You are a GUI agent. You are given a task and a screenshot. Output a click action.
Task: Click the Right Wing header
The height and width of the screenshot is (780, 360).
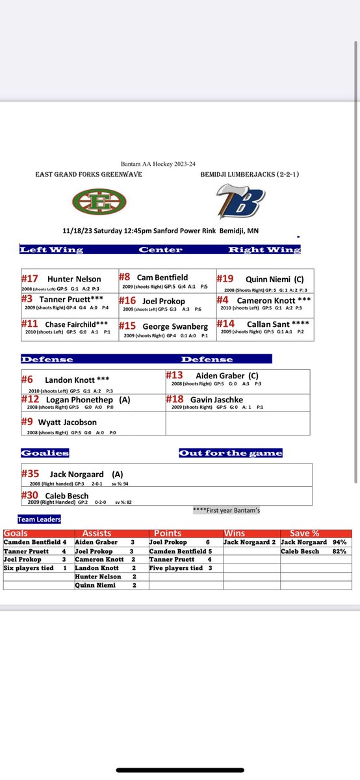click(x=263, y=250)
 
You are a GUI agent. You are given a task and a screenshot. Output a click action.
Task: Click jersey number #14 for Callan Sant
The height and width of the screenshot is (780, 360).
click(x=225, y=324)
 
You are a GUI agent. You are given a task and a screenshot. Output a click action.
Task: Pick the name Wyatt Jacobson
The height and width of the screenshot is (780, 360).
click(x=71, y=422)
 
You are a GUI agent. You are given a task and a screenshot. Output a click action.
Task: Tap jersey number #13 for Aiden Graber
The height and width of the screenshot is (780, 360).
click(x=174, y=375)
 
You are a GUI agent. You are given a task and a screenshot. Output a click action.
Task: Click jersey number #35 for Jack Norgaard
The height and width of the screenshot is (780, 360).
click(x=31, y=474)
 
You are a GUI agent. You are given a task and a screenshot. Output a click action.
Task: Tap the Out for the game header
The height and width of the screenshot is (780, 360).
click(x=231, y=452)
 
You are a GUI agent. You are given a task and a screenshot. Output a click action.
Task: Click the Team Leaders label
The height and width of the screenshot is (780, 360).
click(x=40, y=519)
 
